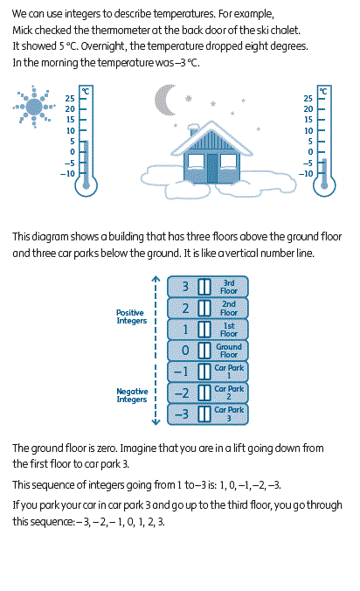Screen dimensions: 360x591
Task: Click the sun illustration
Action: tap(34, 107)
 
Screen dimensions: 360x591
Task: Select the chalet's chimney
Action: tap(194, 131)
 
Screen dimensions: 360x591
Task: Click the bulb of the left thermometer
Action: tap(87, 185)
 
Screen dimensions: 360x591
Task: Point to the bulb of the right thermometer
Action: tap(324, 185)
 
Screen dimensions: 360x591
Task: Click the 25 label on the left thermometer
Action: tap(70, 99)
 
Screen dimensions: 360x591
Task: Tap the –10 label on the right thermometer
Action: tap(306, 174)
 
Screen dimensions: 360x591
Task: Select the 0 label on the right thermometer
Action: tap(310, 152)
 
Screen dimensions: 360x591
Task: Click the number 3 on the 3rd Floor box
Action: tap(185, 287)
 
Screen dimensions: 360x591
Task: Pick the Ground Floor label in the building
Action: tap(229, 351)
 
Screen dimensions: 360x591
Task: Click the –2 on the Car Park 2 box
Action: tap(182, 393)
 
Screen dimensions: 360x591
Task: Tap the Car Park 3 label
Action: tap(229, 414)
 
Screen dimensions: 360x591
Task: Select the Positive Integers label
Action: tap(131, 316)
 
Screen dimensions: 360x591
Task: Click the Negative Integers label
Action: tap(132, 395)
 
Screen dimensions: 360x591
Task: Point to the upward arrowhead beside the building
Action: tap(156, 279)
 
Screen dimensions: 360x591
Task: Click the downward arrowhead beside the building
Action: tap(156, 421)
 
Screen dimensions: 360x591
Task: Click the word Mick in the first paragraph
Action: tap(23, 30)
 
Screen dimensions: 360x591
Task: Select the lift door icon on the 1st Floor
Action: tap(204, 330)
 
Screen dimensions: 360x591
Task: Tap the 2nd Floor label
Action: tap(229, 309)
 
